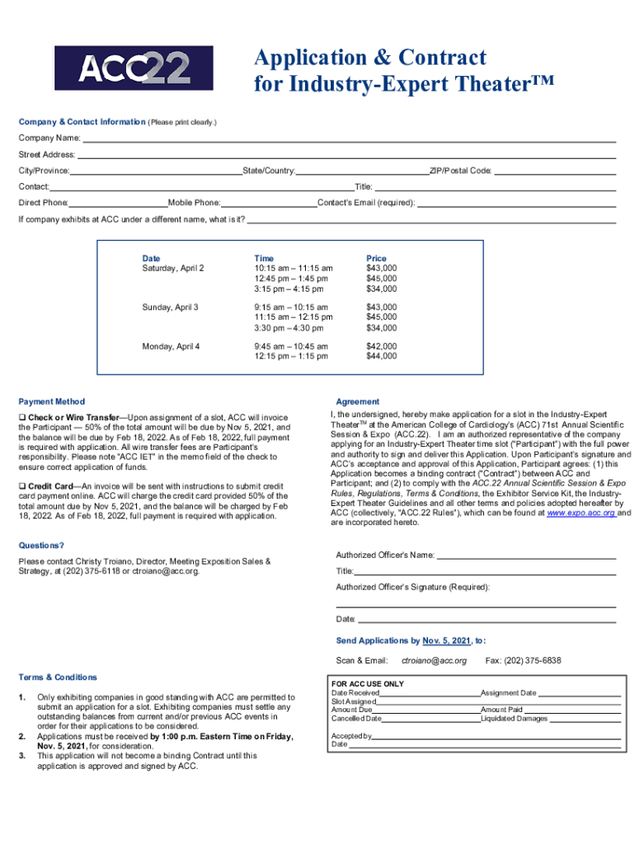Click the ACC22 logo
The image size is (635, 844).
(x=134, y=68)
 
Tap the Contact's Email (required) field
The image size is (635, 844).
(x=516, y=203)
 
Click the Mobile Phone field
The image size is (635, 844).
(x=269, y=203)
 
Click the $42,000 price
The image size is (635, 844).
(x=381, y=346)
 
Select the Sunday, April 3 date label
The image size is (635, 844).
(x=171, y=307)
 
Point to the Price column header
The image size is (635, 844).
(x=376, y=258)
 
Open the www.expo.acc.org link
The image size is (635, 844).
(x=581, y=512)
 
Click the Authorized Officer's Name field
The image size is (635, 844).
(x=526, y=556)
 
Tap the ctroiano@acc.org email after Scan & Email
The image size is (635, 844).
(x=434, y=660)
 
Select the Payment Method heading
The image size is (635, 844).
(x=52, y=401)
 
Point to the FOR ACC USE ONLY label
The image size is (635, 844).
(x=368, y=684)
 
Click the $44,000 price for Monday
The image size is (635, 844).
(x=381, y=356)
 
